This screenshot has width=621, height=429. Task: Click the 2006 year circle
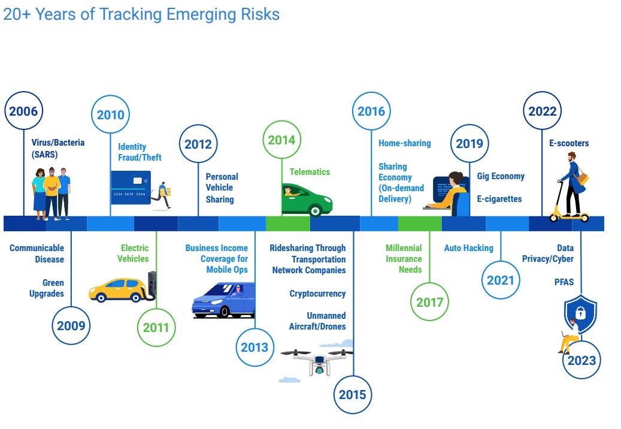23,111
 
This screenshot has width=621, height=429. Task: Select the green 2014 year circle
281,140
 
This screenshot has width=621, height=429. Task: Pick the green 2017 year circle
429,303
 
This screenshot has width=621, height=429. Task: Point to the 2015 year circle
353,395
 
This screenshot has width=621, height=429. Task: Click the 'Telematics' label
310,172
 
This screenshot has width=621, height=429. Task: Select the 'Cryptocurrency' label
317,294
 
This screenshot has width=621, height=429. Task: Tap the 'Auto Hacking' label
468,248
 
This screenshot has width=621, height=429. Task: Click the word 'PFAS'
564,282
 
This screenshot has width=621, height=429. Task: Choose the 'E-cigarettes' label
499,199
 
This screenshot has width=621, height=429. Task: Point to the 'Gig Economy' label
501,176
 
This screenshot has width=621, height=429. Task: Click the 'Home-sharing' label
404,143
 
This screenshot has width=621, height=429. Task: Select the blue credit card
131,187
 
